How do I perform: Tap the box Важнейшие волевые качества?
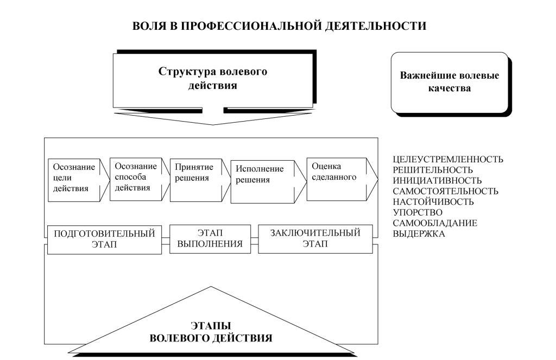[x=449, y=81]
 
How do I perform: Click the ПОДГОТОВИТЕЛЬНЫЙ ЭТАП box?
[x=104, y=239]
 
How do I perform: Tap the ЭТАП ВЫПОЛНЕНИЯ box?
[x=210, y=238]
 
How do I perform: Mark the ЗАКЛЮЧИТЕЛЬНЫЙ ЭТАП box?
[x=315, y=238]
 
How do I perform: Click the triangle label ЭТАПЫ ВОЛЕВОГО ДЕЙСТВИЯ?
[x=210, y=332]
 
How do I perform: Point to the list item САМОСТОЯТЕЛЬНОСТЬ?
[x=445, y=191]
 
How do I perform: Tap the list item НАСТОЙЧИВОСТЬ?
[x=433, y=202]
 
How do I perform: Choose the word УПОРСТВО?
[x=417, y=212]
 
